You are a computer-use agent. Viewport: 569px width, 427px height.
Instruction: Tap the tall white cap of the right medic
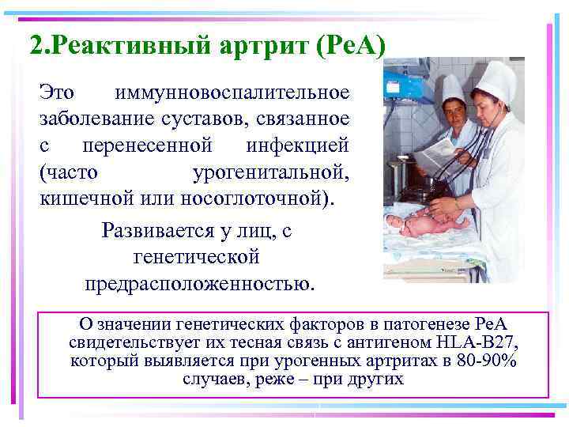(496, 80)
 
